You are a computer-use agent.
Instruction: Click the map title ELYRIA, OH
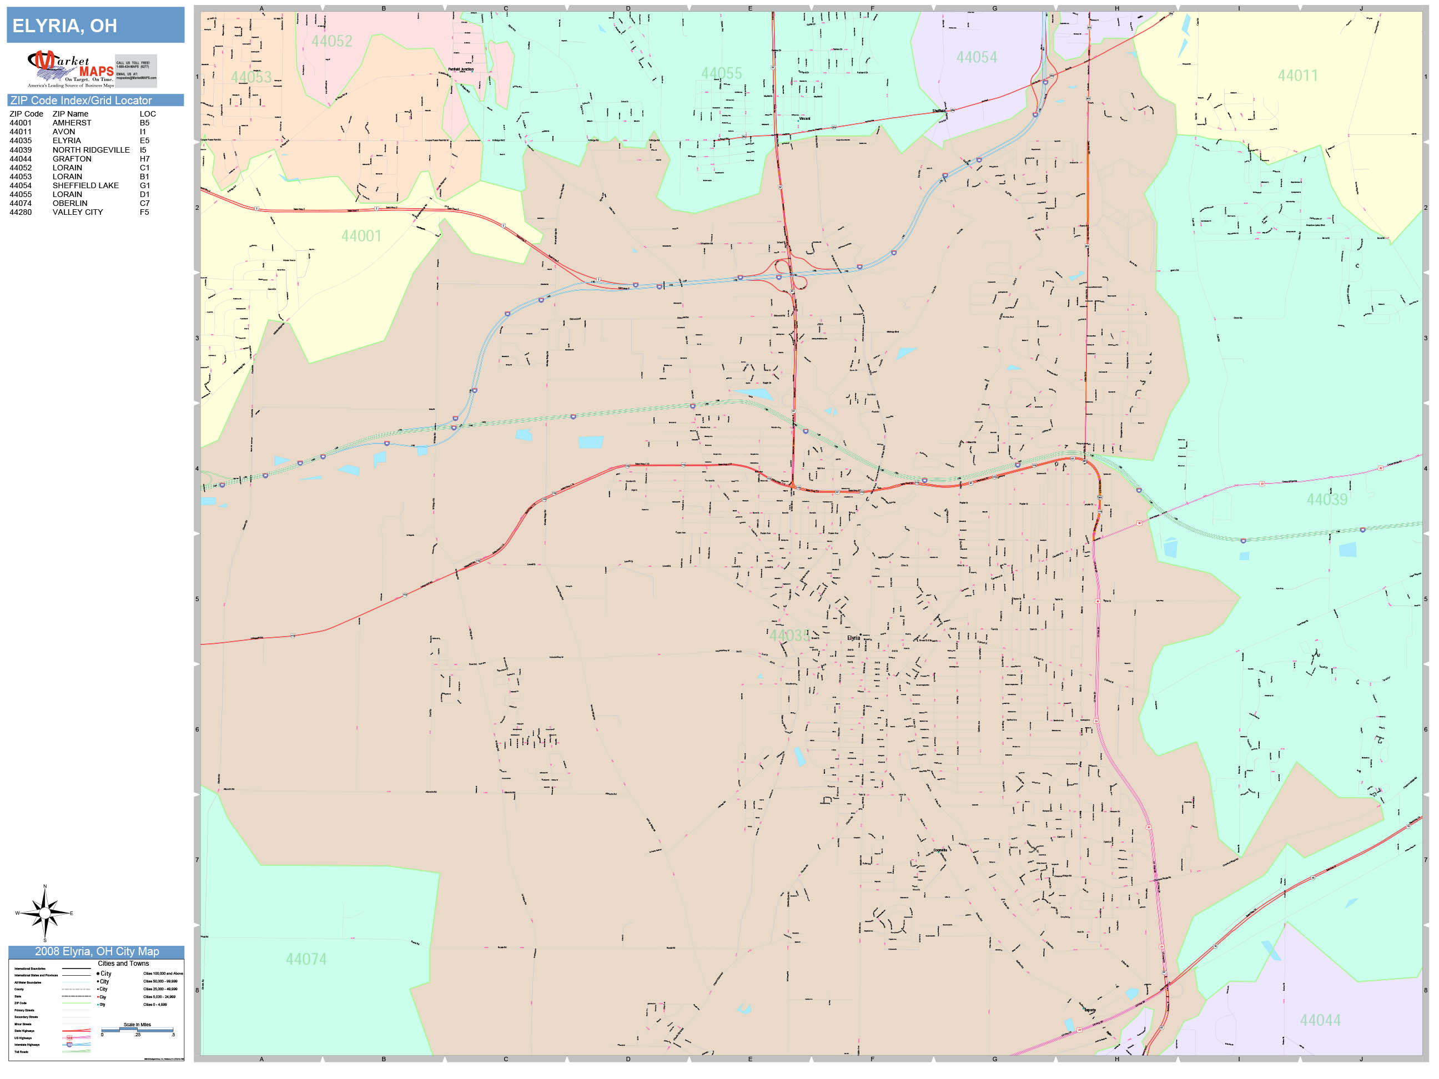click(65, 26)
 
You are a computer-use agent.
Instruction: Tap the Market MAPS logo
click(71, 69)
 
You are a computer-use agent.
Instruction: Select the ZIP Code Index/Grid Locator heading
click(80, 100)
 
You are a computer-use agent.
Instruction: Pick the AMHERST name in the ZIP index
click(72, 123)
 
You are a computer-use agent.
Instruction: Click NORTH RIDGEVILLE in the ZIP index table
click(91, 150)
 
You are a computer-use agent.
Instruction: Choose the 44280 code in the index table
click(20, 212)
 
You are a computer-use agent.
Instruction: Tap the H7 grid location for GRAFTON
click(144, 159)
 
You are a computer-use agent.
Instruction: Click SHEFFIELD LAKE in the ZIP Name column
click(85, 185)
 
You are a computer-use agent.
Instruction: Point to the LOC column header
click(148, 114)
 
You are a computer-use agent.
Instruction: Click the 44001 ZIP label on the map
click(361, 236)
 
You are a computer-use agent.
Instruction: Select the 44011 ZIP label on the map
click(1297, 75)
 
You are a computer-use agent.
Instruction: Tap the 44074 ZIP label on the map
click(306, 959)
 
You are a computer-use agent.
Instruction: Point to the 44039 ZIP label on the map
click(1326, 500)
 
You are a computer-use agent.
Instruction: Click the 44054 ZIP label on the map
click(976, 57)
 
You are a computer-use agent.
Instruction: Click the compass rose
click(45, 913)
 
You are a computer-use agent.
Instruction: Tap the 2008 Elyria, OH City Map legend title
click(96, 951)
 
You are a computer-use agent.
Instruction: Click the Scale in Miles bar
click(137, 1030)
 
